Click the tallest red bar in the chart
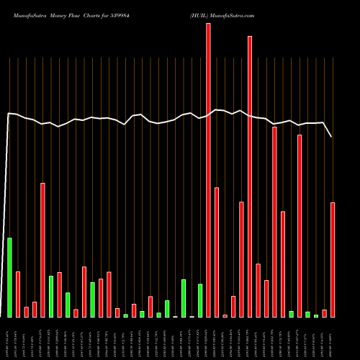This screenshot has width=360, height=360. (208, 170)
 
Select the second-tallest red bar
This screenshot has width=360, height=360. (250, 176)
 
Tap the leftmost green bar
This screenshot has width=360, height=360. (9, 277)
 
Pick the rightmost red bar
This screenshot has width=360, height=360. (333, 259)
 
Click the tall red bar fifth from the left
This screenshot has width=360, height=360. (42, 250)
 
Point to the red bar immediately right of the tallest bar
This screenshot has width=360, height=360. (217, 252)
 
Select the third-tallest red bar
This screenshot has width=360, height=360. (274, 222)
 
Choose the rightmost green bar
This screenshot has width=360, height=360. (316, 315)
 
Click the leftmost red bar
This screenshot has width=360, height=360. (18, 294)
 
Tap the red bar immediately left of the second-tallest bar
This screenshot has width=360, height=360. (241, 259)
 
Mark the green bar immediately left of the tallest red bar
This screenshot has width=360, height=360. (200, 300)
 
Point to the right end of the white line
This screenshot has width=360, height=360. (332, 137)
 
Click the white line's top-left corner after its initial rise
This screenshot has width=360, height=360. (9, 114)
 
